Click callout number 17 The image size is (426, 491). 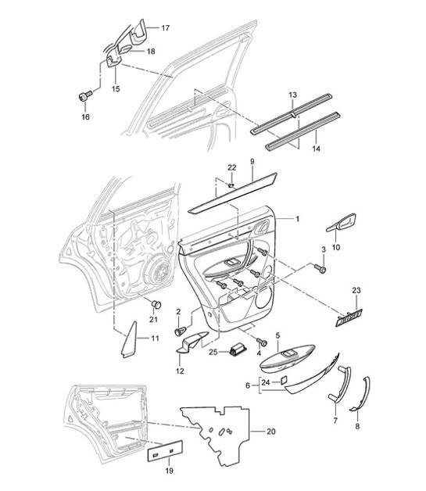[165, 28]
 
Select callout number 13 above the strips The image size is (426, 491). [292, 94]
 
